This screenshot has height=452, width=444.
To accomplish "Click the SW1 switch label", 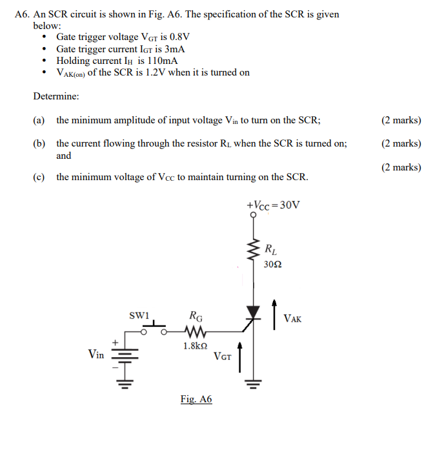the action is click(x=139, y=316).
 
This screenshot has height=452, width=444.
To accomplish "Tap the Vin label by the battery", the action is click(x=96, y=353).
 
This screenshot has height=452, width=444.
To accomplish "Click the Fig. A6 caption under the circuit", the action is click(x=196, y=399).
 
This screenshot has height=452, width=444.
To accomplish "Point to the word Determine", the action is click(x=56, y=96).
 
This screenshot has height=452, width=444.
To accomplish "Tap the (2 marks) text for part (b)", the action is click(x=401, y=143).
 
